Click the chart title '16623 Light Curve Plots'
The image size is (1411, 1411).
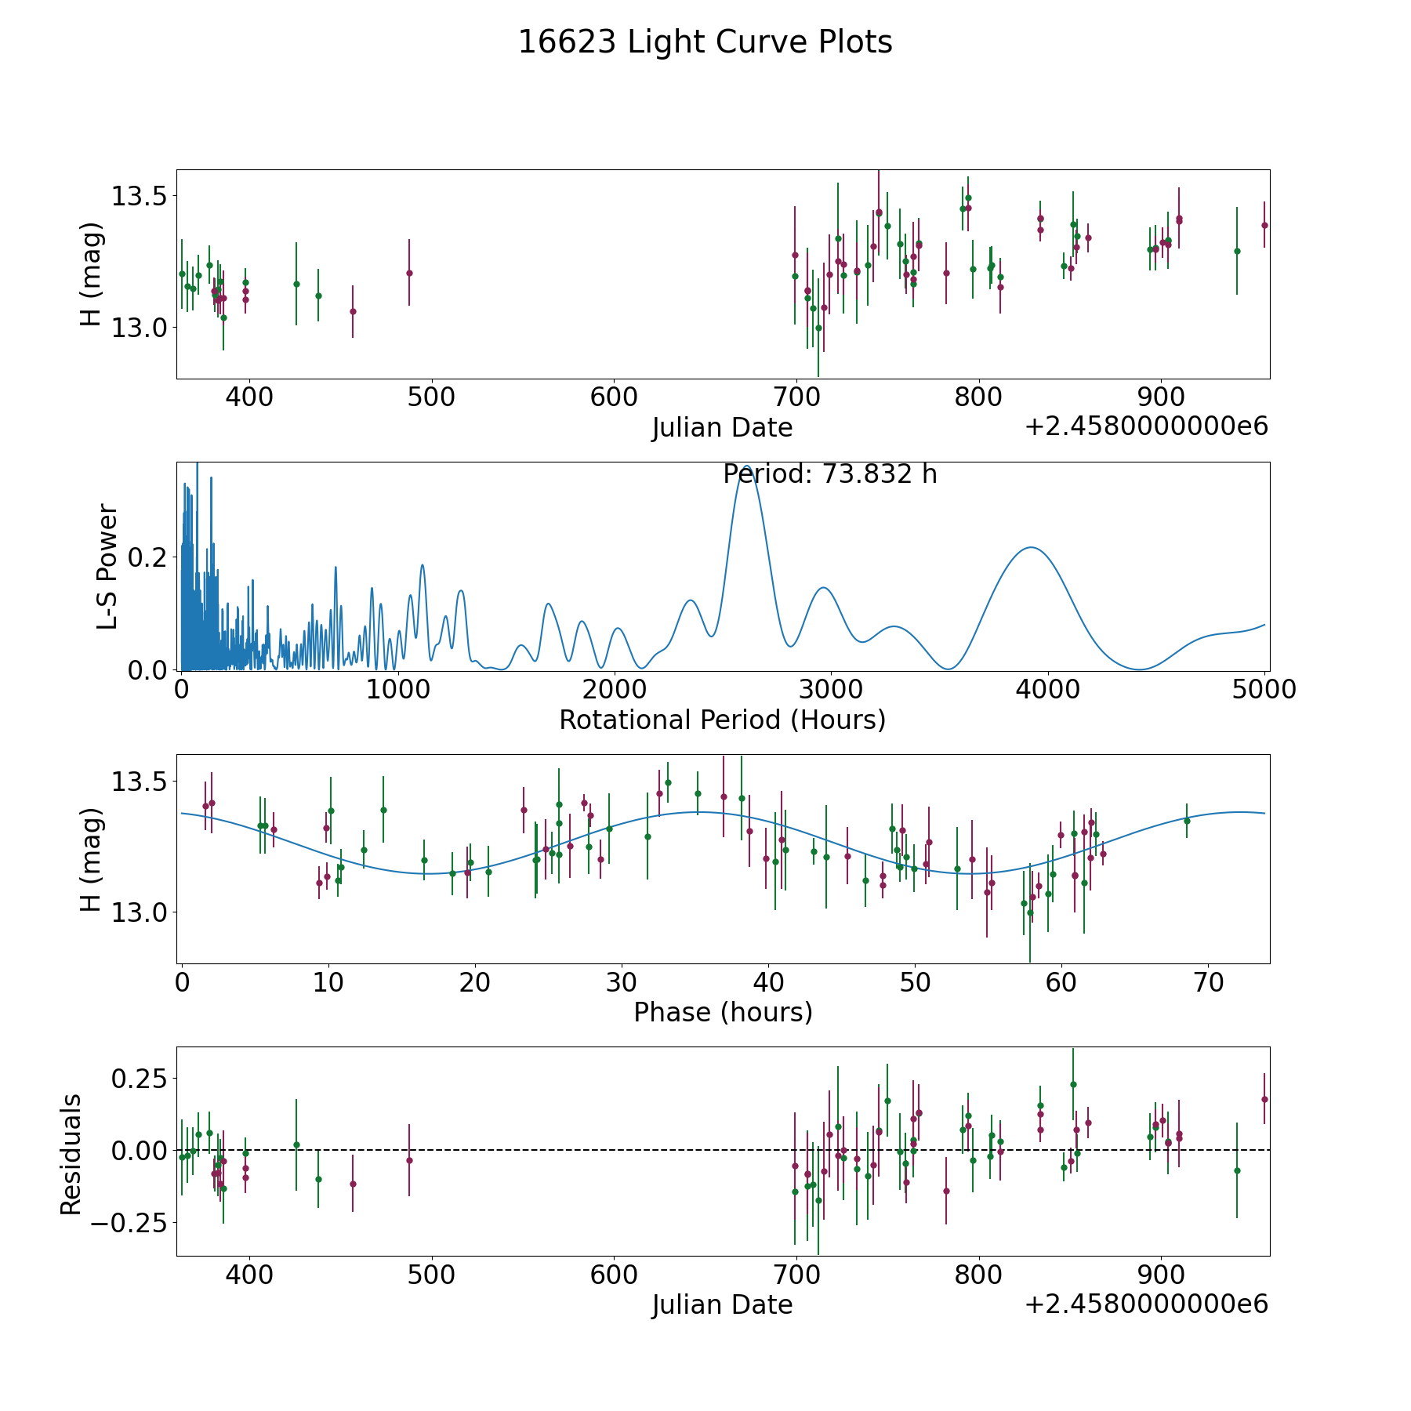pyautogui.click(x=705, y=42)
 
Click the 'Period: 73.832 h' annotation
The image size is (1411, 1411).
pyautogui.click(x=830, y=474)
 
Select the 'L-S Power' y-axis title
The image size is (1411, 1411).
pyautogui.click(x=107, y=566)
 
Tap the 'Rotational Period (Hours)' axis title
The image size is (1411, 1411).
pyautogui.click(x=722, y=720)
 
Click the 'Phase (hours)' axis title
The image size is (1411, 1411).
pyautogui.click(x=723, y=1013)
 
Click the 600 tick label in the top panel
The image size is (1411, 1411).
pyautogui.click(x=614, y=397)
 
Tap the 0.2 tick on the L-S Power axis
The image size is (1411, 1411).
pyautogui.click(x=147, y=557)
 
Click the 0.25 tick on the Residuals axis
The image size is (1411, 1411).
pyautogui.click(x=138, y=1079)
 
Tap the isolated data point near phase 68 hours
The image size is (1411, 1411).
pyautogui.click(x=1187, y=821)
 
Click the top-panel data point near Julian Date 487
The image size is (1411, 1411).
pyautogui.click(x=409, y=273)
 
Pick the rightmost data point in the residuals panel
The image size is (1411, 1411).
pyautogui.click(x=1264, y=1099)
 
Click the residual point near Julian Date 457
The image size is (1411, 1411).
pyautogui.click(x=353, y=1184)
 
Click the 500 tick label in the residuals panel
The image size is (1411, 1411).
pyautogui.click(x=431, y=1275)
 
